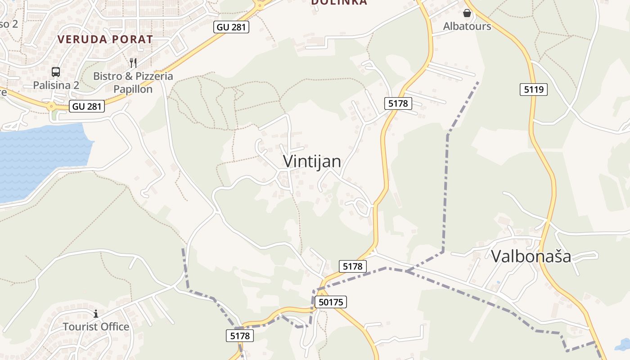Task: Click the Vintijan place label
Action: click(x=312, y=161)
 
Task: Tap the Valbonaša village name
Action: click(x=531, y=256)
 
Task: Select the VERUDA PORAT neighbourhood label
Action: click(x=105, y=39)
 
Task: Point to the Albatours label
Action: click(x=467, y=26)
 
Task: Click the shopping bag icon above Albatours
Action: click(x=467, y=13)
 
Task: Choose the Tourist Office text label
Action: click(x=96, y=326)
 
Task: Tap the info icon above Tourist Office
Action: click(x=95, y=313)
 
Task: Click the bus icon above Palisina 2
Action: click(x=56, y=72)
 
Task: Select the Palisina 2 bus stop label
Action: click(x=56, y=85)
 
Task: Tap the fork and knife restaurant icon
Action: click(x=133, y=63)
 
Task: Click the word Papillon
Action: click(x=133, y=89)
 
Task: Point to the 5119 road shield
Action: click(x=534, y=90)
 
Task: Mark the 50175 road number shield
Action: click(x=331, y=302)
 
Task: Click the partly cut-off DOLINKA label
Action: click(x=339, y=2)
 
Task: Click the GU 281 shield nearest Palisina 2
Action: click(x=87, y=107)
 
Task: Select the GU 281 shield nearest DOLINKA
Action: click(x=231, y=27)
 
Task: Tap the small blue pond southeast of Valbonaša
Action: click(x=623, y=344)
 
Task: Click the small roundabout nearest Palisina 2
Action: click(x=51, y=107)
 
